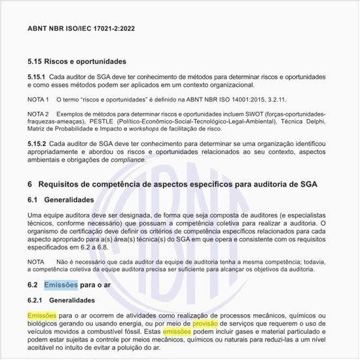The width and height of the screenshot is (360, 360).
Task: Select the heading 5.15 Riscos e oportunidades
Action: pyautogui.click(x=77, y=62)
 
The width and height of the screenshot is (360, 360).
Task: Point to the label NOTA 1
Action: pyautogui.click(x=38, y=99)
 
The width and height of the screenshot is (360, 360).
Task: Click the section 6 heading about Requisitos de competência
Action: pyautogui.click(x=177, y=184)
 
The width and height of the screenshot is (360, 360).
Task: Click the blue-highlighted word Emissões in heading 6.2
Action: pyautogui.click(x=60, y=285)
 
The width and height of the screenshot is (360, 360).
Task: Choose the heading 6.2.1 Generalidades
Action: pyautogui.click(x=69, y=300)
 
